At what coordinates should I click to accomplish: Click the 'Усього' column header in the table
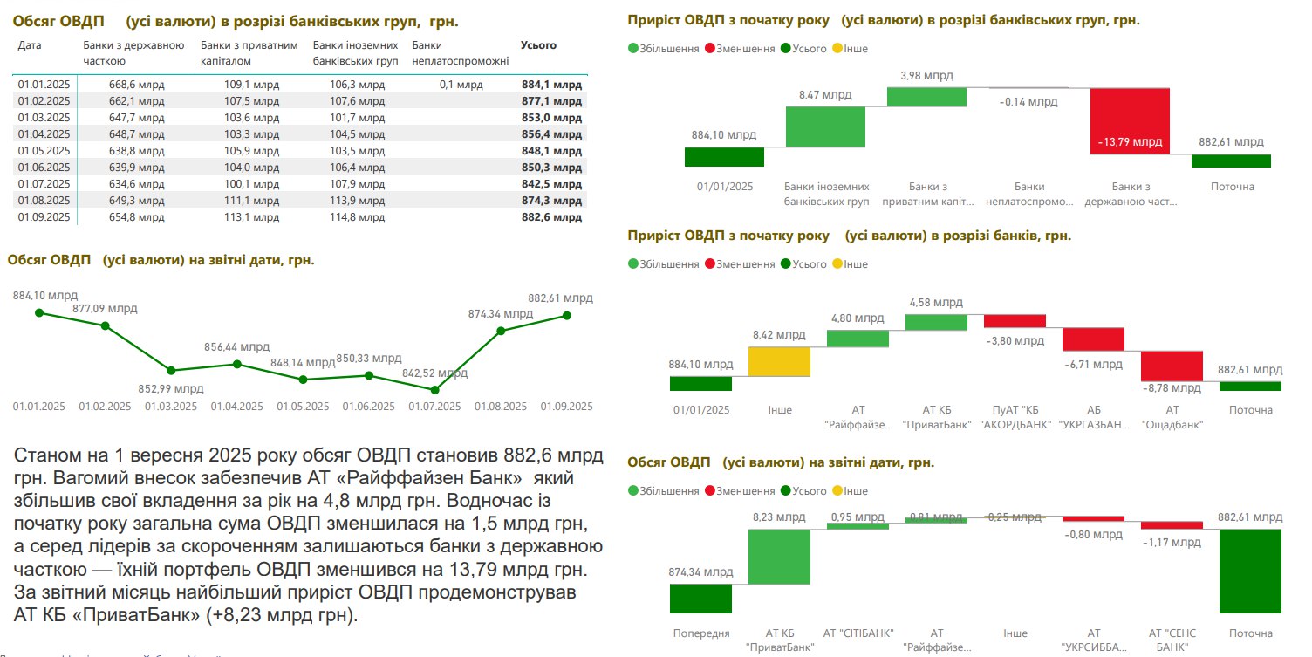click(x=538, y=45)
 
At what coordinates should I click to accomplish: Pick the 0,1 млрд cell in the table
click(x=461, y=85)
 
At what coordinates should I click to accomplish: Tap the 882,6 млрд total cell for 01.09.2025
click(x=550, y=217)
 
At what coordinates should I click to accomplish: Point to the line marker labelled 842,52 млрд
click(x=435, y=389)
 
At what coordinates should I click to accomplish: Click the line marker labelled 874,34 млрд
click(x=502, y=331)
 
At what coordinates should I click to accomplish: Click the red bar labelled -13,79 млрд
click(x=1130, y=120)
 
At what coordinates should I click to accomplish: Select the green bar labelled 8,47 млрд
click(x=825, y=127)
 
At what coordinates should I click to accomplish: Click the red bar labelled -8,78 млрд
click(x=1172, y=365)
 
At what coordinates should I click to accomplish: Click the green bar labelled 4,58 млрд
click(x=936, y=322)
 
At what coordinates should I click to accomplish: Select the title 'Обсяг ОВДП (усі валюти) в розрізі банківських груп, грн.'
click(x=234, y=20)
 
